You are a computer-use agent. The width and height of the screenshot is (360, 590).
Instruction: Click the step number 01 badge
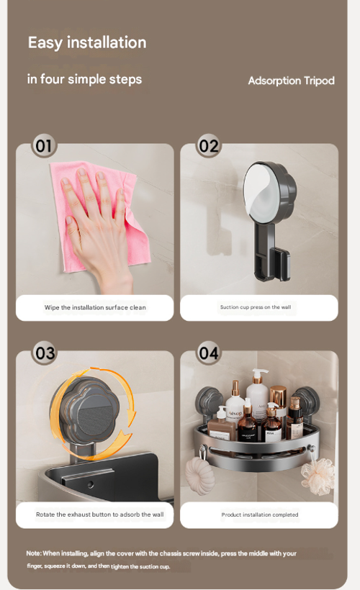pos(44,146)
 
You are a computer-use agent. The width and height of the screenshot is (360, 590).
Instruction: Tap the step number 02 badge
pos(209,146)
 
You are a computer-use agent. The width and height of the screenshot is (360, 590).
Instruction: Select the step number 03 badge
pos(45,353)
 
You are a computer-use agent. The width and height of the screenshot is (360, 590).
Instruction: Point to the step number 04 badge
pos(209,353)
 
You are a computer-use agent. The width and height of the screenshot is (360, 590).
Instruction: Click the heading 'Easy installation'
pos(87,42)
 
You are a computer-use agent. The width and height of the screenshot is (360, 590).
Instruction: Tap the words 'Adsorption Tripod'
pos(291,81)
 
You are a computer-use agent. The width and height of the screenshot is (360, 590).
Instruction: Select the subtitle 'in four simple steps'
pos(84,79)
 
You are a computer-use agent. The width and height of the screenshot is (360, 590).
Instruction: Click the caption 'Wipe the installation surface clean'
pos(95,307)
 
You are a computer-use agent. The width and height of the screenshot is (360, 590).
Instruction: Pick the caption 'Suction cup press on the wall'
pos(256,307)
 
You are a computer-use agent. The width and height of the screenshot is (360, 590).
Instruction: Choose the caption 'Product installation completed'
pos(259,514)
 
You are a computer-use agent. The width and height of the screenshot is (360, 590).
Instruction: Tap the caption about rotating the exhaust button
pos(100,514)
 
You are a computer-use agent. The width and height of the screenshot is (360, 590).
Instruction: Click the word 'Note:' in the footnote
pos(34,553)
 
